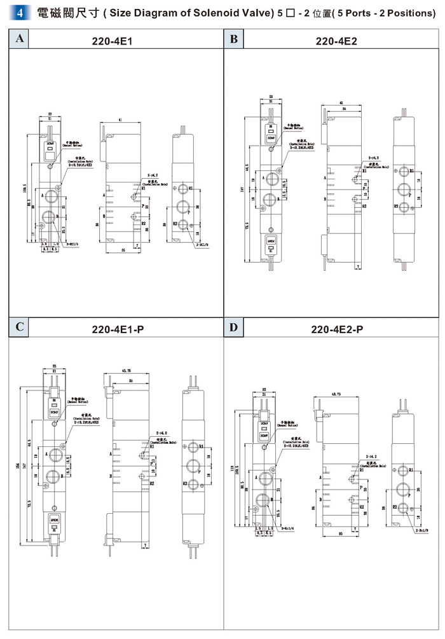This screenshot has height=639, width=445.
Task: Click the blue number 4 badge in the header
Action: click(20, 13)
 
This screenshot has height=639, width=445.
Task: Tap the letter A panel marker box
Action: click(20, 39)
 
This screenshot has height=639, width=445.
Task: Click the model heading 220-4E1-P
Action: click(118, 329)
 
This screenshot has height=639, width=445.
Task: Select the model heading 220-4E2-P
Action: click(337, 329)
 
